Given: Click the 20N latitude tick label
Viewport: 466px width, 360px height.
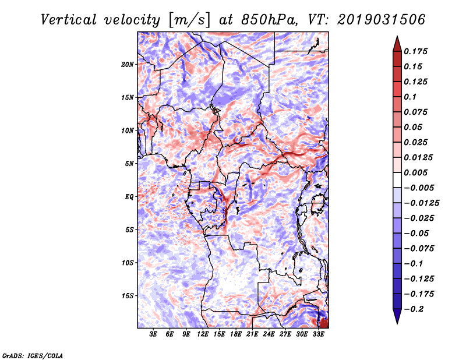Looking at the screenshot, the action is click(x=128, y=65).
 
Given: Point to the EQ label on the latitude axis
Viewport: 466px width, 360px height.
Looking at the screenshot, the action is click(x=129, y=197).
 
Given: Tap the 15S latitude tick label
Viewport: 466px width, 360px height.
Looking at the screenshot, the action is click(x=128, y=296).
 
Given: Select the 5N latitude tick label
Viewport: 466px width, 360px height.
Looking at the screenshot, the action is click(x=129, y=164).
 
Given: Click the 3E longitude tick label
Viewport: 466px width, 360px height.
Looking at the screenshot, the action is click(x=153, y=334).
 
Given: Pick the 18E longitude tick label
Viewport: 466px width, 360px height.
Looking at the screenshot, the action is click(x=236, y=334).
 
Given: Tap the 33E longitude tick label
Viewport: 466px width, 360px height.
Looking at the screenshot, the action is click(x=318, y=334).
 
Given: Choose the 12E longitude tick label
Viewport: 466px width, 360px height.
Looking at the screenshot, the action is click(x=203, y=334).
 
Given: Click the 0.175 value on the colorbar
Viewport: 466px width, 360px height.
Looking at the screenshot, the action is click(x=415, y=51).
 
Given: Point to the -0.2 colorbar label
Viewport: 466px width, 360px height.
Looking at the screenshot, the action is click(x=414, y=309).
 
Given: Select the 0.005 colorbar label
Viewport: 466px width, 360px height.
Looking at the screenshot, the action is click(x=415, y=172).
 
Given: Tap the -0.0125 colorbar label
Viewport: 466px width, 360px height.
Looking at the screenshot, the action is click(x=421, y=203).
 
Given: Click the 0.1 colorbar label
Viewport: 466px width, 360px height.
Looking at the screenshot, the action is click(x=410, y=97).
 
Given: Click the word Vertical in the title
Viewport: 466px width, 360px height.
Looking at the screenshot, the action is click(x=69, y=20).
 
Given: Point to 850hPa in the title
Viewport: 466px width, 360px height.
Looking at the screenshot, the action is click(x=269, y=20).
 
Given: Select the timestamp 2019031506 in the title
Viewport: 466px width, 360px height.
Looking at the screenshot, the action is click(x=382, y=20).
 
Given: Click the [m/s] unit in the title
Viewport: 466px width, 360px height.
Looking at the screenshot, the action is click(x=189, y=20).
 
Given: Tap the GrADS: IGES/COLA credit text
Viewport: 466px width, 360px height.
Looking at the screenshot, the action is click(x=33, y=355).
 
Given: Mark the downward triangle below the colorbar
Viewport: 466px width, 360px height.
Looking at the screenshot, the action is click(x=397, y=315).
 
